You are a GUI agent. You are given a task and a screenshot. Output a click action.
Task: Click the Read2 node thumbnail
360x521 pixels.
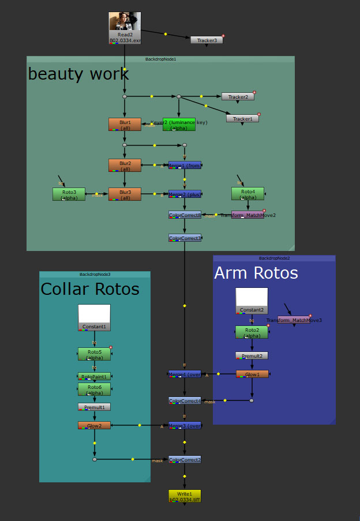pos(125,24)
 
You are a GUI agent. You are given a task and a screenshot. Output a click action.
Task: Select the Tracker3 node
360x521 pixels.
pos(207,40)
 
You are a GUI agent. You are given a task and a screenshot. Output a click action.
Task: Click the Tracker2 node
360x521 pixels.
pos(238,96)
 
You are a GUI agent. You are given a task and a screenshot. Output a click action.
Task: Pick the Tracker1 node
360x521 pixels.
pos(242,118)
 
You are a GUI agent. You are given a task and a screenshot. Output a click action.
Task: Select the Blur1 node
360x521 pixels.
pos(125,124)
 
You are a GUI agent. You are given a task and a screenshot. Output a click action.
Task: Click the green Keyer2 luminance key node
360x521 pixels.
pos(179,124)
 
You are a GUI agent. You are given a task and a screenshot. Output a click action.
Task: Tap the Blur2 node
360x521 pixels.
pos(125,165)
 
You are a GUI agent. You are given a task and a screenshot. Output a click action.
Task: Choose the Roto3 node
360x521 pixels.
pos(69,194)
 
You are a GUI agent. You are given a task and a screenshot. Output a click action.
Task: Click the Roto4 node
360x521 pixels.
pos(247,193)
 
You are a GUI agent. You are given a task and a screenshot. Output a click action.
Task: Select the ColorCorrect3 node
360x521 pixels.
pos(185,238)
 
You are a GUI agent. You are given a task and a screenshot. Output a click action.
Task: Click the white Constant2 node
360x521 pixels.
pos(252,301)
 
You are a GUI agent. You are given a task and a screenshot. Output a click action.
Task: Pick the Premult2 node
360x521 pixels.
pos(252,355)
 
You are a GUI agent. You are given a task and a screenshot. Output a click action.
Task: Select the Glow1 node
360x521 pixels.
pos(252,374)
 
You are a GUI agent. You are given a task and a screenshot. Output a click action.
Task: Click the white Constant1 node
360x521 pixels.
pos(94,317)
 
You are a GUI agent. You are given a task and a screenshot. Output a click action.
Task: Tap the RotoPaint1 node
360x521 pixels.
pos(94,376)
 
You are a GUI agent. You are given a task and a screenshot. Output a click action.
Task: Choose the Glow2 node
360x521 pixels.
pos(94,425)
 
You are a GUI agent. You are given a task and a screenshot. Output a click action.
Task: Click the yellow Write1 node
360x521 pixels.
pos(185,496)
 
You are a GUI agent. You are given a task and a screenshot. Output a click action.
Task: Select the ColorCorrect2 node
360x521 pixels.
pos(185,460)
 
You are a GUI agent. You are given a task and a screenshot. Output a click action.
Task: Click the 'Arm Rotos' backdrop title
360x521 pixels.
pos(256,273)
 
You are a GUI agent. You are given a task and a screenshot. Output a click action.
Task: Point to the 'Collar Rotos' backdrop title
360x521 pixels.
pos(89,288)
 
